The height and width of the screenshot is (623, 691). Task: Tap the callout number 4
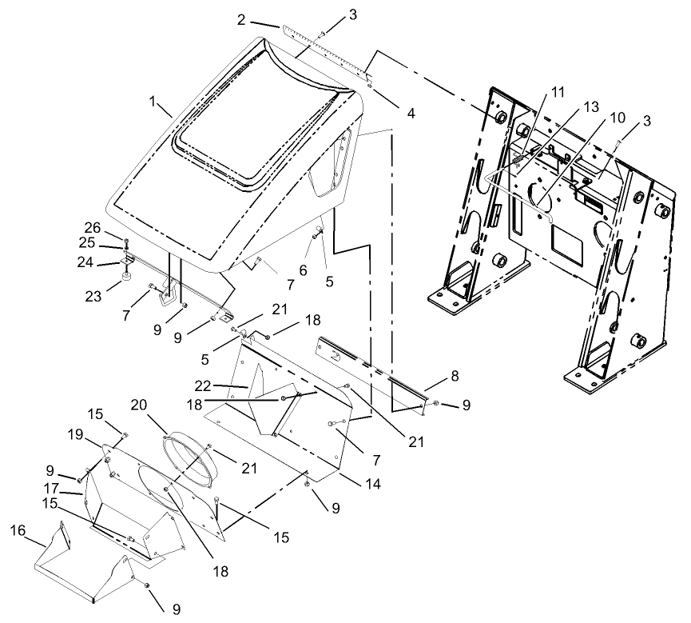coord(410,114)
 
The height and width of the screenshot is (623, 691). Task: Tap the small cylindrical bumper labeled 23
coord(127,277)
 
